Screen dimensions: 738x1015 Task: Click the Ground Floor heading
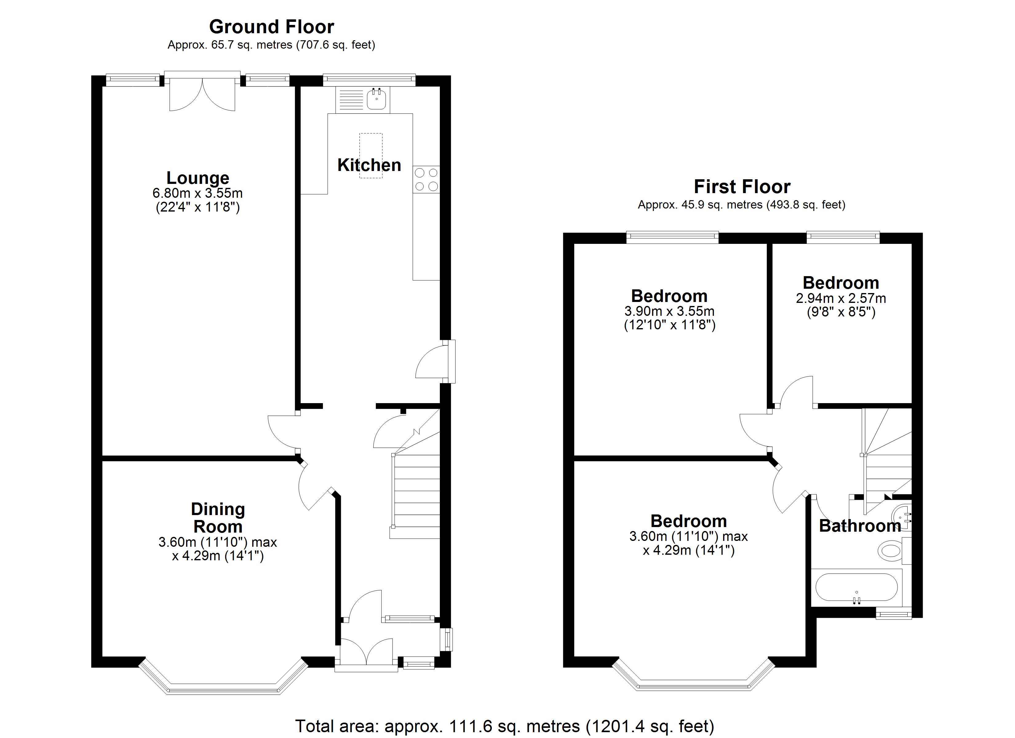[271, 27]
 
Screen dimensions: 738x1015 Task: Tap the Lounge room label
[198, 178]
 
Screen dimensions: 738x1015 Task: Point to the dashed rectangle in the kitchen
[371, 155]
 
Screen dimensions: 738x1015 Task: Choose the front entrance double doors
[366, 653]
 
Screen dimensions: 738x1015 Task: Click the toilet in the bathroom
[891, 550]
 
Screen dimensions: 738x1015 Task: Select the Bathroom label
[860, 526]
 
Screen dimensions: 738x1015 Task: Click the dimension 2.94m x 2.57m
[841, 298]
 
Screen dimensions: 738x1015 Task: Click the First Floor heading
[742, 187]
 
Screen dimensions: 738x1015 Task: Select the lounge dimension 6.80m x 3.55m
[197, 193]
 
